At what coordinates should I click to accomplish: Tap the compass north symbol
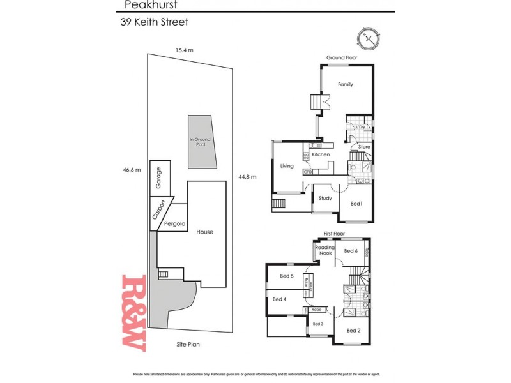(x=369, y=38)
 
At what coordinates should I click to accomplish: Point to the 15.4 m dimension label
(x=185, y=49)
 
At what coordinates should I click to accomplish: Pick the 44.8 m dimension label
(x=247, y=177)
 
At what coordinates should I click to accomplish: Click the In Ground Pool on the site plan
(x=200, y=142)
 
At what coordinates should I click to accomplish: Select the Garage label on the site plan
(x=159, y=177)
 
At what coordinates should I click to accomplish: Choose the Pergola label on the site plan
(x=174, y=224)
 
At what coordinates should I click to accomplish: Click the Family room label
(x=345, y=84)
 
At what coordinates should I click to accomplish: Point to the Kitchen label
(x=321, y=155)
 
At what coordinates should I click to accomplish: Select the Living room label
(x=287, y=166)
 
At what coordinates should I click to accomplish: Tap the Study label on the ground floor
(x=325, y=199)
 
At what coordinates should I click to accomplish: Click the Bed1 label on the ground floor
(x=356, y=204)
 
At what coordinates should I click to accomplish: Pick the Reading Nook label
(x=325, y=250)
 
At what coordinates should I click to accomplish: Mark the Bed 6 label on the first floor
(x=351, y=251)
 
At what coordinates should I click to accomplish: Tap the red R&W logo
(x=134, y=313)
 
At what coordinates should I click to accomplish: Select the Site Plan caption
(x=189, y=344)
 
